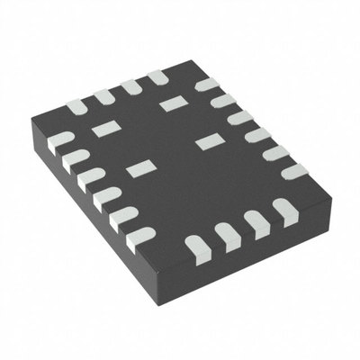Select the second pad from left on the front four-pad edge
pyautogui.click(x=225, y=236)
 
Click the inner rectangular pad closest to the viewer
pyautogui.click(x=139, y=168)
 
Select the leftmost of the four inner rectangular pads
pyautogui.click(x=104, y=129)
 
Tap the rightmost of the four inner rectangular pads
pyautogui.click(x=209, y=140)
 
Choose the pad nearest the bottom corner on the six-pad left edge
pyautogui.click(x=140, y=237)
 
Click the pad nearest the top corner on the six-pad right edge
pyautogui.click(x=207, y=85)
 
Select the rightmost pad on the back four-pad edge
pyautogui.click(x=159, y=78)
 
